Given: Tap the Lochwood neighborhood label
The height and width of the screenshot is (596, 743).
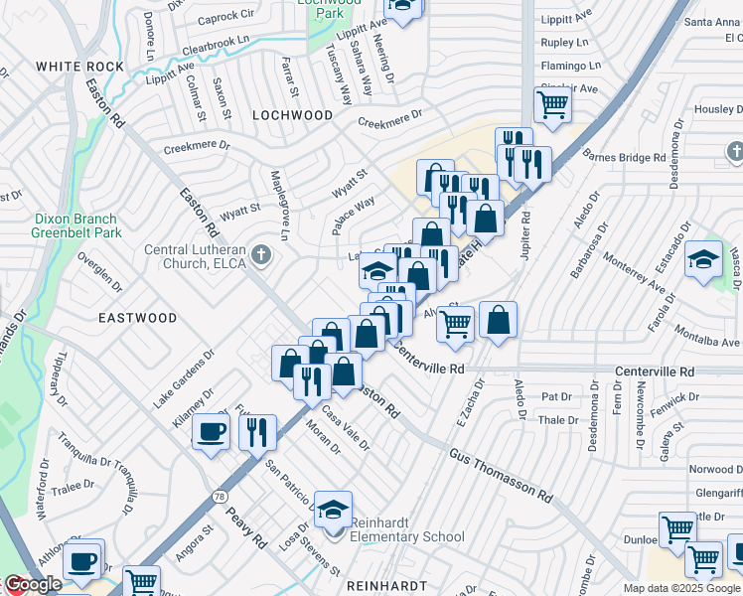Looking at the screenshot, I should point(292,115).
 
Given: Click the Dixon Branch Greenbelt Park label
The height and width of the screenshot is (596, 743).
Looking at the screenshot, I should point(61,226).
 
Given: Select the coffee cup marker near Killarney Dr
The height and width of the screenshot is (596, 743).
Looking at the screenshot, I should point(211,433).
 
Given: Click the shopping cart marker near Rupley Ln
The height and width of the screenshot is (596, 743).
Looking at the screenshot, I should point(551,103).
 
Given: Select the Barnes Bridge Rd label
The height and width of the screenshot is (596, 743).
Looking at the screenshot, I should point(624,157).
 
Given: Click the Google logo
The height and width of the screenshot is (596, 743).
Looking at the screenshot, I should point(32,584).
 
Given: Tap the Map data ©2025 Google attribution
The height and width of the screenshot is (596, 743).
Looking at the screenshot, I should point(681,588).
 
